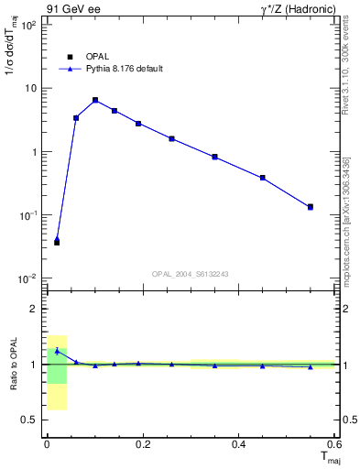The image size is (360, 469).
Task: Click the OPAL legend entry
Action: coord(98,55)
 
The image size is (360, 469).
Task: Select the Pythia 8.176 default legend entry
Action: coord(124,69)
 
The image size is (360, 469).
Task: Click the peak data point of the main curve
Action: coord(95,100)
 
